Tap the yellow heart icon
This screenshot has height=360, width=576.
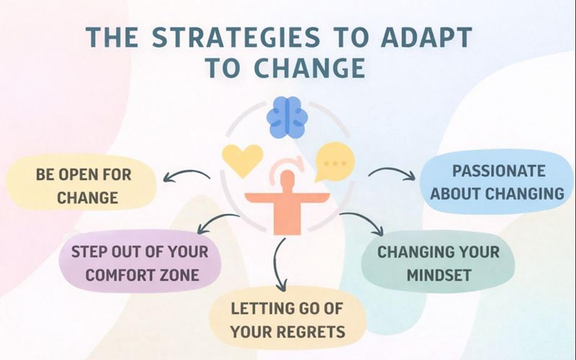(x=242, y=159)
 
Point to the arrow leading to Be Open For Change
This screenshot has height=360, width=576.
(x=186, y=175)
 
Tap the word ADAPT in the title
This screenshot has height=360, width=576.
(x=427, y=37)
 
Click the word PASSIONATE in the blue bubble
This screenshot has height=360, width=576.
(x=499, y=171)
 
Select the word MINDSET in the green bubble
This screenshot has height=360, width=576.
(x=439, y=275)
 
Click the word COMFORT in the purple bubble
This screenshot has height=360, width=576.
(x=115, y=275)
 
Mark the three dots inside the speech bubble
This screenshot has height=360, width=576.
(x=335, y=163)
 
